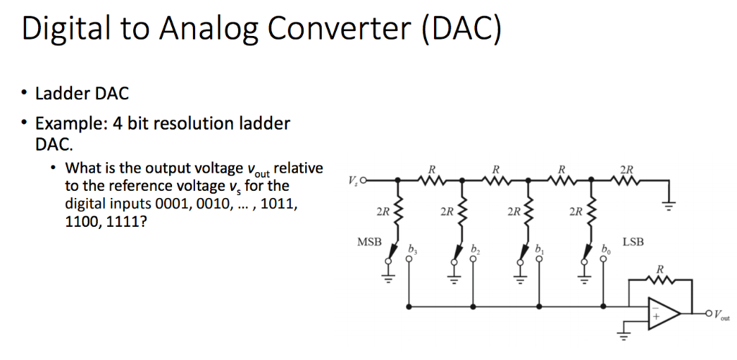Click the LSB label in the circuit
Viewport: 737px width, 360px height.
click(634, 243)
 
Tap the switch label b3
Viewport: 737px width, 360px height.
click(412, 250)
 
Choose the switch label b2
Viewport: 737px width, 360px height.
click(476, 250)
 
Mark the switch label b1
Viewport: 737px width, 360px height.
click(540, 250)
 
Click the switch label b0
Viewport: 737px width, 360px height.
click(604, 250)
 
